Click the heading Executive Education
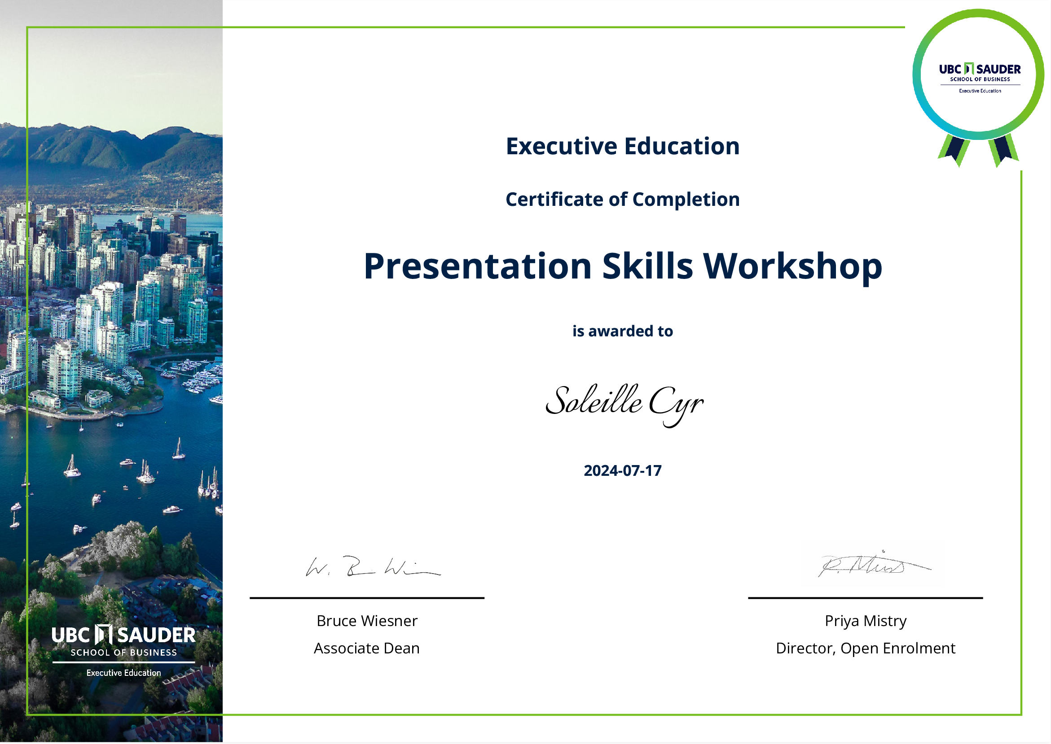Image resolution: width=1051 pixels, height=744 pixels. [x=622, y=147]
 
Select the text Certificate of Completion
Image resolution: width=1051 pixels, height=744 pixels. [x=622, y=200]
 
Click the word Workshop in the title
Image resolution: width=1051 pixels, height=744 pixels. [x=792, y=267]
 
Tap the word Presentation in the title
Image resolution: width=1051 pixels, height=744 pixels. [x=477, y=267]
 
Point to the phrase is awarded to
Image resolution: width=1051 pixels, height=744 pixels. [x=622, y=331]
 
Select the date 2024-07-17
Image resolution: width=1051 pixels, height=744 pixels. [x=622, y=471]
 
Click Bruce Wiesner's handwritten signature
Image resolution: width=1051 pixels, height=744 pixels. [x=373, y=567]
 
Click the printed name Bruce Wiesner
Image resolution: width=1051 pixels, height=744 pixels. [x=367, y=621]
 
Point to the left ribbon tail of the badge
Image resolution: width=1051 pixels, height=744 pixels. [x=955, y=150]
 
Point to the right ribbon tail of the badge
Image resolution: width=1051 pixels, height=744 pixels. [x=1004, y=150]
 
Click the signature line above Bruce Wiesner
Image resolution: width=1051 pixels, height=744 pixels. [x=367, y=598]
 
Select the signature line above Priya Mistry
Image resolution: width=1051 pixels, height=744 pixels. [x=865, y=598]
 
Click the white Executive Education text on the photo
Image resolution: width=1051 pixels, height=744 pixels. [x=123, y=673]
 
